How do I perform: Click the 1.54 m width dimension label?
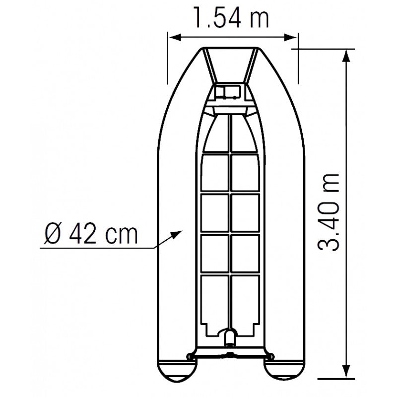point(231,19)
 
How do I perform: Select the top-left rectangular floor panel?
point(214,172)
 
